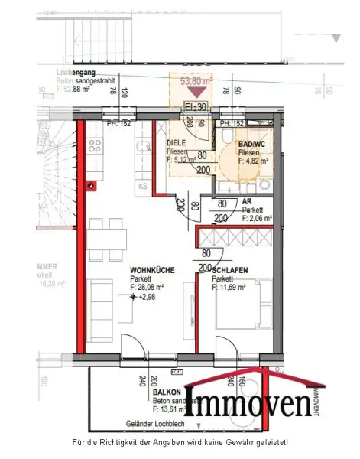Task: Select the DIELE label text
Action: [x=176, y=142]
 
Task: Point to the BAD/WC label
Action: [x=251, y=143]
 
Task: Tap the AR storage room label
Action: [x=247, y=201]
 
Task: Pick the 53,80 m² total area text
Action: [x=196, y=78]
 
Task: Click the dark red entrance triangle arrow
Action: [x=196, y=92]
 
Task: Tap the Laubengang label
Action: [x=75, y=73]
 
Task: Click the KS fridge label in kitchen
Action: [x=142, y=186]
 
